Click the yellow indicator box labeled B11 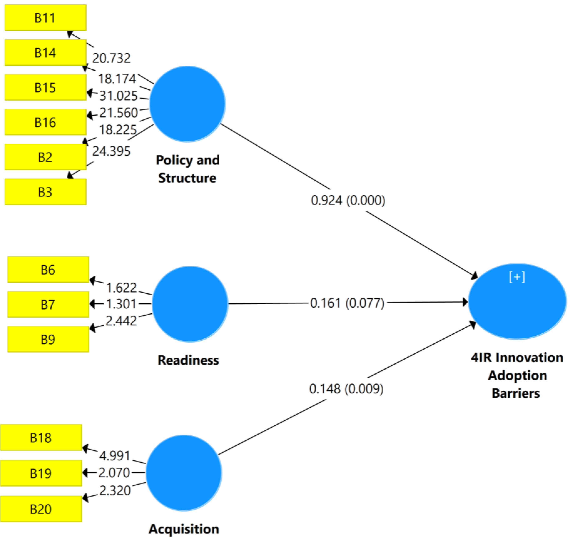point(45,17)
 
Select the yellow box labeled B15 point(45,87)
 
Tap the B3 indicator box point(45,192)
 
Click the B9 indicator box point(48,339)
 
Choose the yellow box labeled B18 point(41,438)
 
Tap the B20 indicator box point(41,509)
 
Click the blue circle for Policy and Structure point(187,104)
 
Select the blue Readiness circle point(190,304)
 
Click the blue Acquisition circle point(184,473)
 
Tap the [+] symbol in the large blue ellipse point(517,277)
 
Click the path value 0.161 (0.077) point(347,303)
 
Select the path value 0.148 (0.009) point(346,389)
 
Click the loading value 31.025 point(119,96)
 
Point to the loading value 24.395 point(111,151)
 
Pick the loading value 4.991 point(115,456)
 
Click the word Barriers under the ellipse point(516,394)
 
